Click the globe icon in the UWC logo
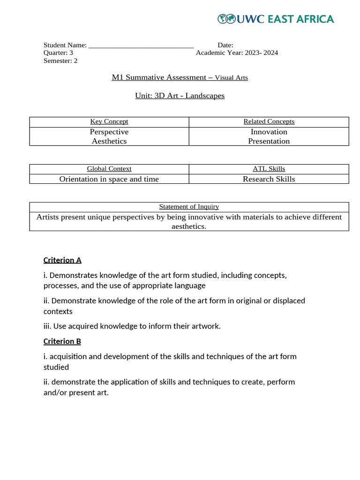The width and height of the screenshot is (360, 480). [x=226, y=19]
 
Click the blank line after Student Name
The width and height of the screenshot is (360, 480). [x=141, y=45]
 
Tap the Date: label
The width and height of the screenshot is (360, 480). [x=225, y=45]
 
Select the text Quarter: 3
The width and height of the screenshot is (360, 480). [x=58, y=52]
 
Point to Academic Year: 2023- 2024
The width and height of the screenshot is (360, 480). [x=237, y=52]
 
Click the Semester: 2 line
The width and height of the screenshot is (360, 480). [x=60, y=60]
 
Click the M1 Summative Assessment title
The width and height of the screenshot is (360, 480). [x=180, y=77]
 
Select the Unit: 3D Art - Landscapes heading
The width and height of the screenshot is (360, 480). [x=180, y=96]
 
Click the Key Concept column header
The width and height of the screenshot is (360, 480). [x=109, y=121]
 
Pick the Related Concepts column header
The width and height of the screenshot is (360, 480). [x=269, y=121]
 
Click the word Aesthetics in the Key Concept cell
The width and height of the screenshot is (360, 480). [x=109, y=141]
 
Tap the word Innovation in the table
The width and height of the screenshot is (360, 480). [x=269, y=132]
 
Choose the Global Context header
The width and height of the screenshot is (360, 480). [x=109, y=169]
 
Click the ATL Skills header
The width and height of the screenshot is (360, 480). [x=269, y=169]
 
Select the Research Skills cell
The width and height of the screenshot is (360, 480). [x=269, y=179]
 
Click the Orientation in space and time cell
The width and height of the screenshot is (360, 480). [x=109, y=179]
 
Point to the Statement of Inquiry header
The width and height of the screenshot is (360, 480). [x=189, y=207]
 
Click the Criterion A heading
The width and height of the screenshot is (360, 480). [x=62, y=260]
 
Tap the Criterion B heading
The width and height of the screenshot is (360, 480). [x=62, y=341]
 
